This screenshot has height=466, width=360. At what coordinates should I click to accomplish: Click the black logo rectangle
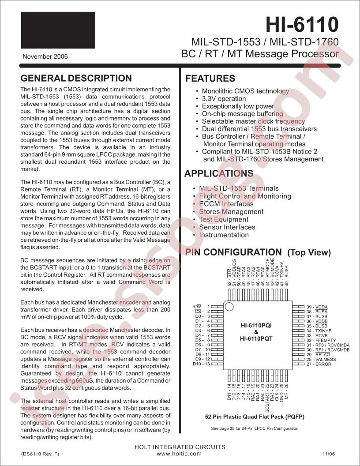pos(58,30)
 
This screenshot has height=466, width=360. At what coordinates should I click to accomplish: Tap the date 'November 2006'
pos(45,56)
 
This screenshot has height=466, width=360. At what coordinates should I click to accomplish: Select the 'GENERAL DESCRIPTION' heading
pos(76,79)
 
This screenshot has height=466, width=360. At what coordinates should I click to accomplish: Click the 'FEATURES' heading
pos(210,79)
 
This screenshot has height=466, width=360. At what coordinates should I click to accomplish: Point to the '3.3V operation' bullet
pos(224,98)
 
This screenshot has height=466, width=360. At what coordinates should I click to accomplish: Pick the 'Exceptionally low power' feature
pos(238,106)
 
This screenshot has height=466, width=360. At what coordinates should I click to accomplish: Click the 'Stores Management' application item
pos(231,211)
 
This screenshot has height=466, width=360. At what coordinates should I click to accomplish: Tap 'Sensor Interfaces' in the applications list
pos(227,227)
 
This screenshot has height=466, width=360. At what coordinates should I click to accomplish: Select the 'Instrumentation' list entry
pos(224,235)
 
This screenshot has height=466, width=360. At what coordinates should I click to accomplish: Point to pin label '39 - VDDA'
pos(317,307)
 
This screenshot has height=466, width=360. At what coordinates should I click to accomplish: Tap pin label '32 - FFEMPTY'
pos(321,340)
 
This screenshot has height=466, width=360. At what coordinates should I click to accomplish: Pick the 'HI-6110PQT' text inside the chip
pos(256,339)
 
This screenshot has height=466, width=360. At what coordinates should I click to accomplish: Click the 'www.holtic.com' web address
pos(179,453)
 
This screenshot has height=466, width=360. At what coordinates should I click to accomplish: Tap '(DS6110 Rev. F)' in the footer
pos(40,454)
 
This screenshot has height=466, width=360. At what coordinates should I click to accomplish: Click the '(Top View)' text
pos(309,252)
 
